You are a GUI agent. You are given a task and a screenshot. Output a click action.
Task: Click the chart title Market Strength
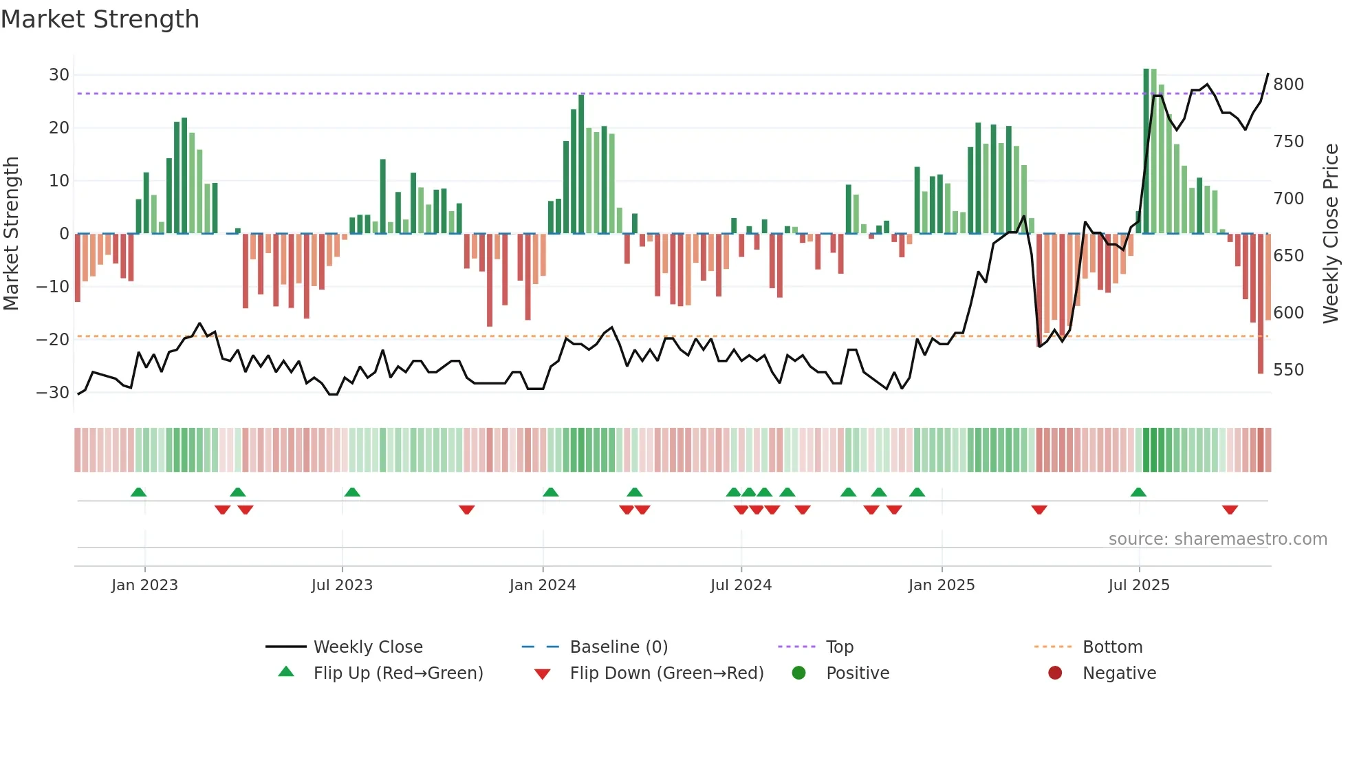tap(100, 19)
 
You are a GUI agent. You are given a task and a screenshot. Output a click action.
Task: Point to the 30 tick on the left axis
tap(59, 74)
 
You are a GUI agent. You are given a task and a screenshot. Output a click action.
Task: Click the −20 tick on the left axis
tap(53, 339)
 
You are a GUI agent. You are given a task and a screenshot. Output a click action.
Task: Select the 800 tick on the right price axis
tap(1288, 84)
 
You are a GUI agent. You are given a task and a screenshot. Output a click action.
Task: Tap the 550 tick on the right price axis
tap(1288, 369)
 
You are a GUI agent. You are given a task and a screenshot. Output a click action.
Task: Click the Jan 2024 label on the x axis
tap(542, 585)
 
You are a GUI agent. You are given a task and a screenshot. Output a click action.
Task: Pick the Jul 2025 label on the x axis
tap(1138, 585)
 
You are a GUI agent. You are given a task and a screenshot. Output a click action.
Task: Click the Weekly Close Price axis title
tap(1331, 233)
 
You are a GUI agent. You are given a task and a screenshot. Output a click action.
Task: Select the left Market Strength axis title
tap(11, 233)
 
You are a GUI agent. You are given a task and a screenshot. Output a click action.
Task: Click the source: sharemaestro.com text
tap(1217, 539)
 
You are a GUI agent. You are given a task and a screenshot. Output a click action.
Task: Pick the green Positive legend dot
tap(798, 673)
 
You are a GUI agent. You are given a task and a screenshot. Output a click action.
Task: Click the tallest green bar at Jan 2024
tap(581, 165)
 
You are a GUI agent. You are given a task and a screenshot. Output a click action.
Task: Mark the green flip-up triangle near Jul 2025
tap(1138, 492)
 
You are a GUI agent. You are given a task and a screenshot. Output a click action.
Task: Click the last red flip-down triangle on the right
tap(1230, 510)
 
